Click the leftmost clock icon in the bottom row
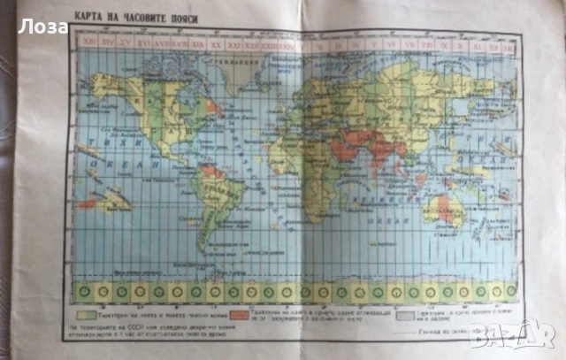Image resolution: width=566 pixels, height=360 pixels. click(85, 290)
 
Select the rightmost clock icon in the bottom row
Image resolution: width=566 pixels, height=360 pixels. click(510, 290)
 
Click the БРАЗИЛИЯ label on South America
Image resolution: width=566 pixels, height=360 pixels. click(212, 189)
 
